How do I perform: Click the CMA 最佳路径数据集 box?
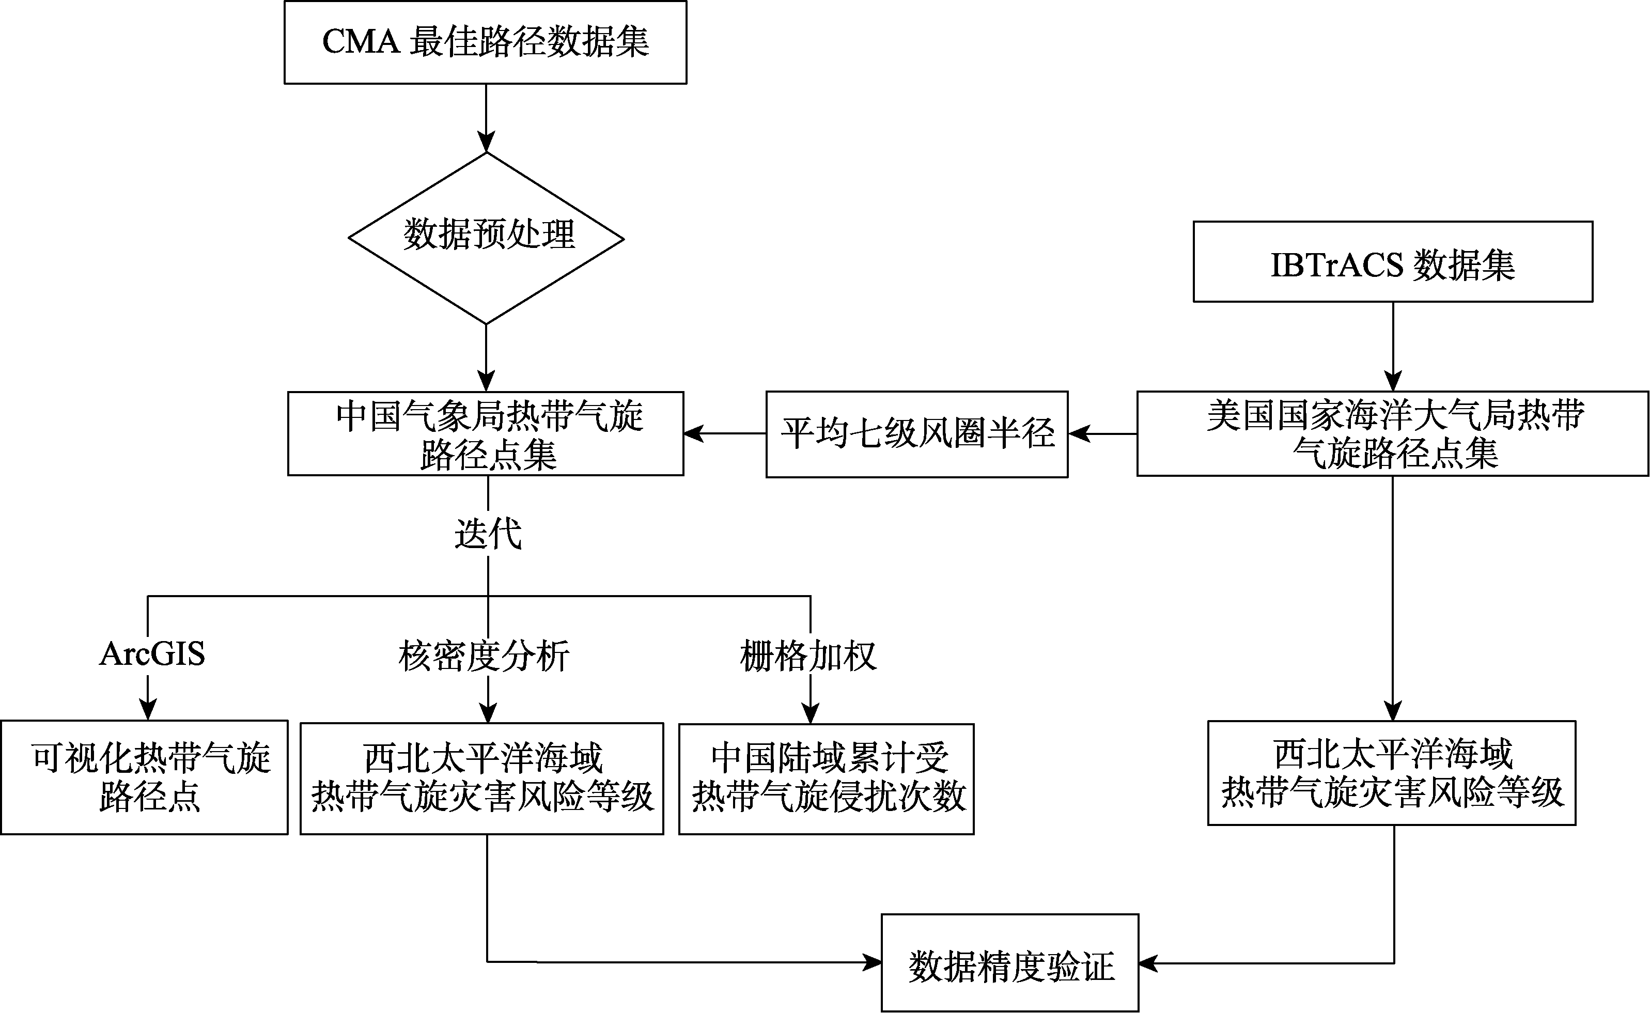[x=486, y=42]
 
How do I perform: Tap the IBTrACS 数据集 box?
[x=1393, y=261]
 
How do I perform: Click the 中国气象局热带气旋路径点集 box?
[x=486, y=433]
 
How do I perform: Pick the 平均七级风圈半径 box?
[x=917, y=434]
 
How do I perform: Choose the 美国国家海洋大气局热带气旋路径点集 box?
[x=1393, y=433]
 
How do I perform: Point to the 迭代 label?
[x=488, y=534]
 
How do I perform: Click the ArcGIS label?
[x=152, y=653]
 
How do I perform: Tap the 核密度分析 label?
[x=484, y=655]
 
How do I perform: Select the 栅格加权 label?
[x=808, y=655]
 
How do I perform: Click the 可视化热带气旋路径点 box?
[x=144, y=777]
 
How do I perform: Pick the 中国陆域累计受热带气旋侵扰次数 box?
[x=826, y=778]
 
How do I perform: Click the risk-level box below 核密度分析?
[x=481, y=778]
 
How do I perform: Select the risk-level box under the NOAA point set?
[x=1391, y=772]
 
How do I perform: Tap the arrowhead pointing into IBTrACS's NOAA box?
[x=1393, y=381]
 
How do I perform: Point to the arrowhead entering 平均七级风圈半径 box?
[x=1079, y=433]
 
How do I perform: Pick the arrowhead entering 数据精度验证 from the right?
[x=1149, y=963]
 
